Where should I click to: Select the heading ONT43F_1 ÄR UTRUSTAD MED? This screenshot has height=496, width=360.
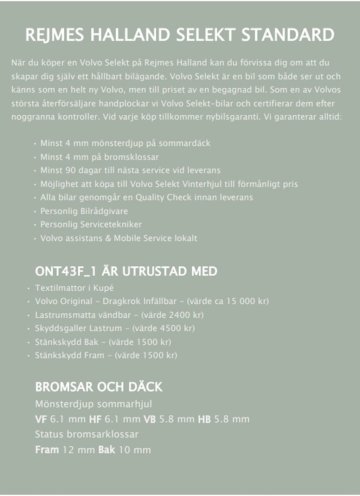coord(126,272)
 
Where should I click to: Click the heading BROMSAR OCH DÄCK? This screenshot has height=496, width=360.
coord(99,387)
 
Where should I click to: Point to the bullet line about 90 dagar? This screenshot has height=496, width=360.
coord(130,171)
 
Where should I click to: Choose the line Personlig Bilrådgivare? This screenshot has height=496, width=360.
coord(84,211)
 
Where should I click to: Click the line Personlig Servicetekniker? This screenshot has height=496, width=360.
coord(91,224)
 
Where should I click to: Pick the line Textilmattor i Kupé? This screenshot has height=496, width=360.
coord(74,288)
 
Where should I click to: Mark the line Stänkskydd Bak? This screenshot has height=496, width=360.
coord(67,342)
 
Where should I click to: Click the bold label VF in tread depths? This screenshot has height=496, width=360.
coord(41,419)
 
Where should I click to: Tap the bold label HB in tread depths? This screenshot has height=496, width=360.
coord(204,419)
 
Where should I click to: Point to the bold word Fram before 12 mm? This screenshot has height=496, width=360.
coord(47,450)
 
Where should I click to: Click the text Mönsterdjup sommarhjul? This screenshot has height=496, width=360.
coord(94,404)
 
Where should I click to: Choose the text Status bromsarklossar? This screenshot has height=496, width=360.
coord(87,434)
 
